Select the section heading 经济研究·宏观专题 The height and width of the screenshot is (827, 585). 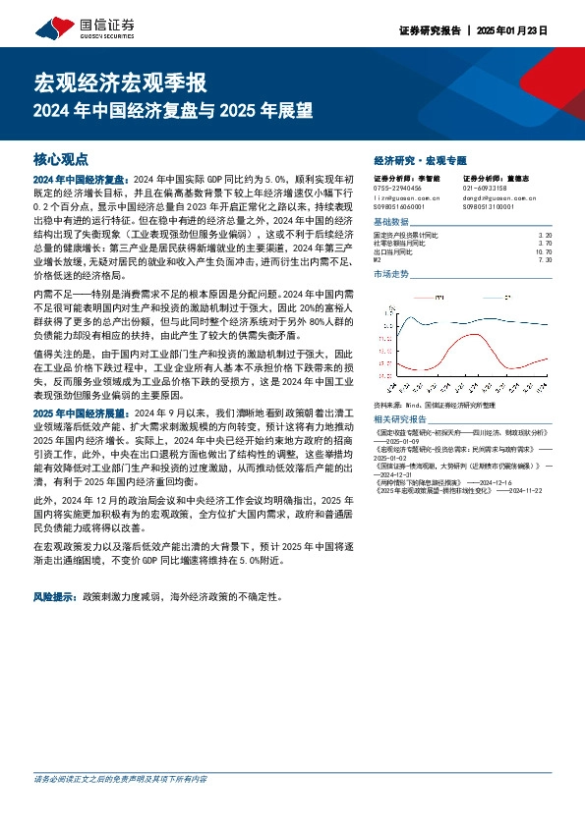421,159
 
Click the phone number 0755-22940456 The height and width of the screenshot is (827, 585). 398,188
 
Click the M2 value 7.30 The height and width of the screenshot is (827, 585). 548,259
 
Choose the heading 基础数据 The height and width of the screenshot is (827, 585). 393,222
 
